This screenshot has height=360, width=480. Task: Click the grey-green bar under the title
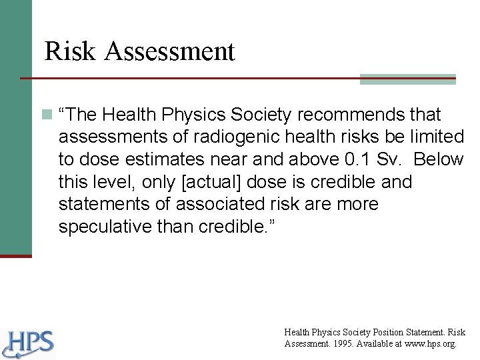407,79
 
